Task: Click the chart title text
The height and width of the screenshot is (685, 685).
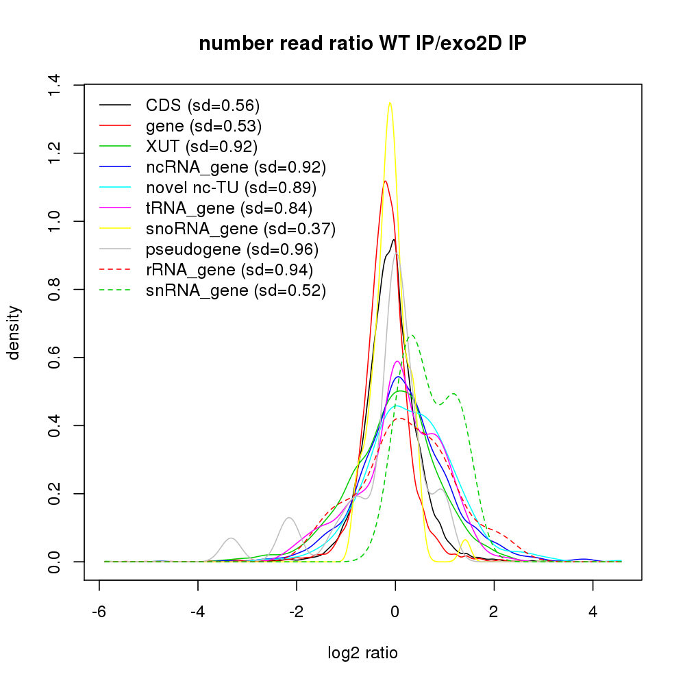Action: click(x=362, y=44)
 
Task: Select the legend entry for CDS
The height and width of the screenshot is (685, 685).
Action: click(x=203, y=105)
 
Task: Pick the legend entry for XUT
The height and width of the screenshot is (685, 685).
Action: click(x=201, y=147)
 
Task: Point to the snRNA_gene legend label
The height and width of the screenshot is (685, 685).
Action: click(x=236, y=290)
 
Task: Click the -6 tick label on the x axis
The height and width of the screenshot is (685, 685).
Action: click(x=99, y=611)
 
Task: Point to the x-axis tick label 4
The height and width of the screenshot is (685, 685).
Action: click(x=593, y=611)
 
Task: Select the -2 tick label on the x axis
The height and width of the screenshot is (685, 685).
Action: click(x=297, y=611)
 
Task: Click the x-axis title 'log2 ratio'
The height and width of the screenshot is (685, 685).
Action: click(x=362, y=653)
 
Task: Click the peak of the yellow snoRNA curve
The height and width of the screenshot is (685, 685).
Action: click(x=390, y=103)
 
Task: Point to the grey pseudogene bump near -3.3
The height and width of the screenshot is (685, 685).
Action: click(x=232, y=538)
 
